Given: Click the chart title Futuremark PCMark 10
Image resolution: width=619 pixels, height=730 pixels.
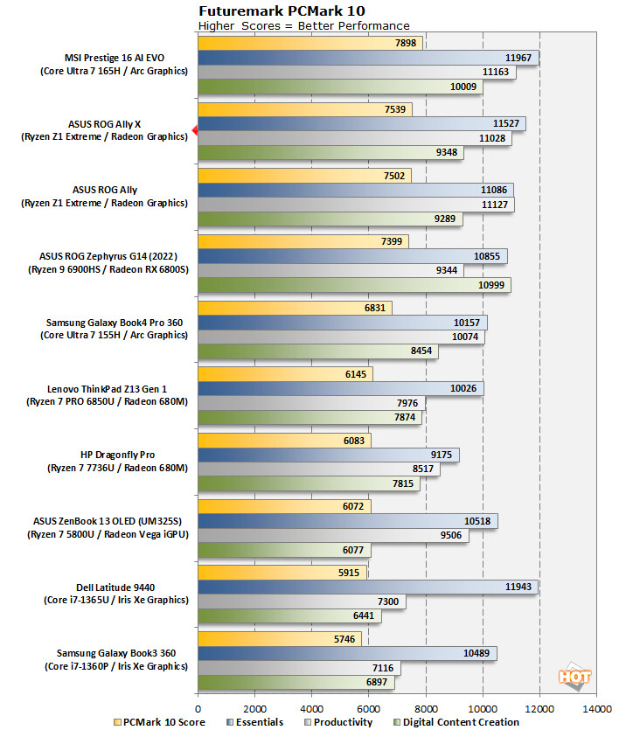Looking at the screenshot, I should [x=282, y=10].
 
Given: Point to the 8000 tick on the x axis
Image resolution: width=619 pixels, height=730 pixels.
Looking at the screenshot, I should [x=426, y=708].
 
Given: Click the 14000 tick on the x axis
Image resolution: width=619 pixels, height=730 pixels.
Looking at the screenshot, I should [x=596, y=708].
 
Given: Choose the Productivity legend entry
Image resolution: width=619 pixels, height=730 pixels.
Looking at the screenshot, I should [x=343, y=722].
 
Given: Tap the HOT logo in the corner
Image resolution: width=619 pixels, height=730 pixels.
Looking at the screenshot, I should [x=575, y=676].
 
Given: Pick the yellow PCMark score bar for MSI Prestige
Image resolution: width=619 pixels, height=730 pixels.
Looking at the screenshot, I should [x=310, y=43].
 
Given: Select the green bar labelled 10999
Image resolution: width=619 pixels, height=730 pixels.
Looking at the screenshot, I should [x=354, y=284].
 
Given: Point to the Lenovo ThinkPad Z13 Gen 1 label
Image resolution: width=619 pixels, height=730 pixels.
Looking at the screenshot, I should [x=116, y=387].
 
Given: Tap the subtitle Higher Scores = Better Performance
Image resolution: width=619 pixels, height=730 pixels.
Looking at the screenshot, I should [x=303, y=26].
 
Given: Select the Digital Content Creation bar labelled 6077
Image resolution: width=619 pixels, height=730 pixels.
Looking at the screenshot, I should [x=284, y=550].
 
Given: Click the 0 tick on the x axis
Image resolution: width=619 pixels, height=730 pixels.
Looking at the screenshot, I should [x=198, y=708].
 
